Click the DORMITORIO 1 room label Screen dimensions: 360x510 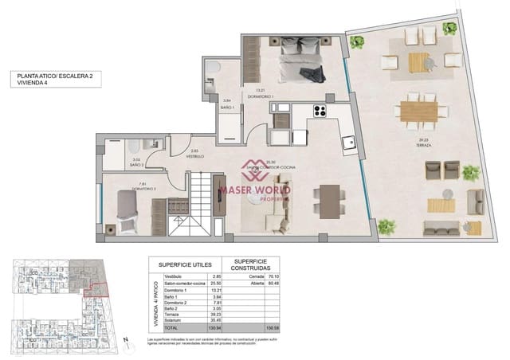tap(260, 96)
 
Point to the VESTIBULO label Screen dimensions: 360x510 tap(195, 156)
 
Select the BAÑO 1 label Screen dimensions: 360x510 tap(226, 106)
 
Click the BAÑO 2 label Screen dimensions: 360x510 tap(136, 165)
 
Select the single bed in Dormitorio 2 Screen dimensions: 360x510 tap(129, 209)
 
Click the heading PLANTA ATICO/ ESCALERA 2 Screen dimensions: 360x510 tap(55, 75)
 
